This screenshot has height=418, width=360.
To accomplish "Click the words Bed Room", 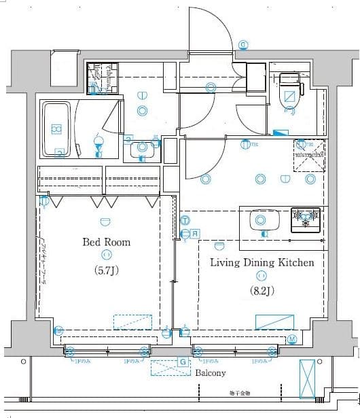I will pyautogui.click(x=106, y=242).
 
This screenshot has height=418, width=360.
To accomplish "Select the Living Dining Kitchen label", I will pyautogui.click(x=262, y=262).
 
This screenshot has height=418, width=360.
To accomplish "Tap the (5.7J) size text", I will pyautogui.click(x=106, y=269).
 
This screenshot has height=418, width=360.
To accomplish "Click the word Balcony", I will pyautogui.click(x=211, y=373).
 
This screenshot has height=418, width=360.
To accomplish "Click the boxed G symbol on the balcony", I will pyautogui.click(x=182, y=362).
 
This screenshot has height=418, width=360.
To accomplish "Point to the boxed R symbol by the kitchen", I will pyautogui.click(x=195, y=234).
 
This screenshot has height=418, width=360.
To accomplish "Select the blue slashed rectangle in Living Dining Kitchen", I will pyautogui.click(x=274, y=321).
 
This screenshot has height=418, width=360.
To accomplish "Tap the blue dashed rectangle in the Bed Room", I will pyautogui.click(x=132, y=321).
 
